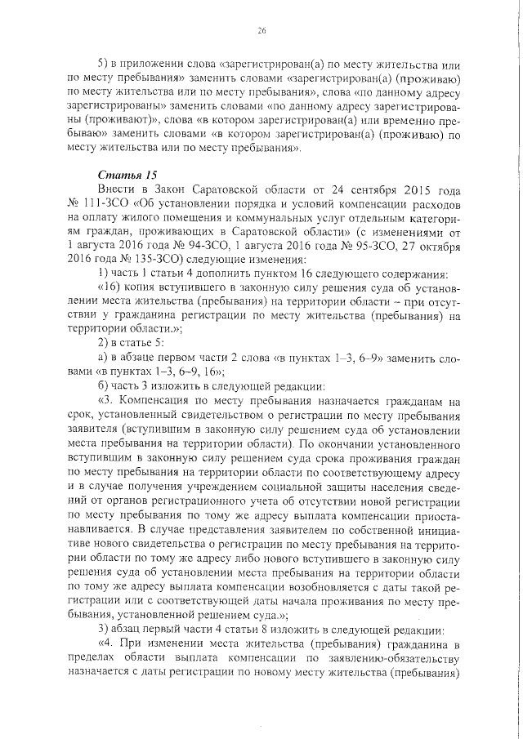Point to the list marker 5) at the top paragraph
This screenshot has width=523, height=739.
click(x=103, y=64)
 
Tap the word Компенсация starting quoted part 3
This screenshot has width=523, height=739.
click(x=163, y=401)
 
